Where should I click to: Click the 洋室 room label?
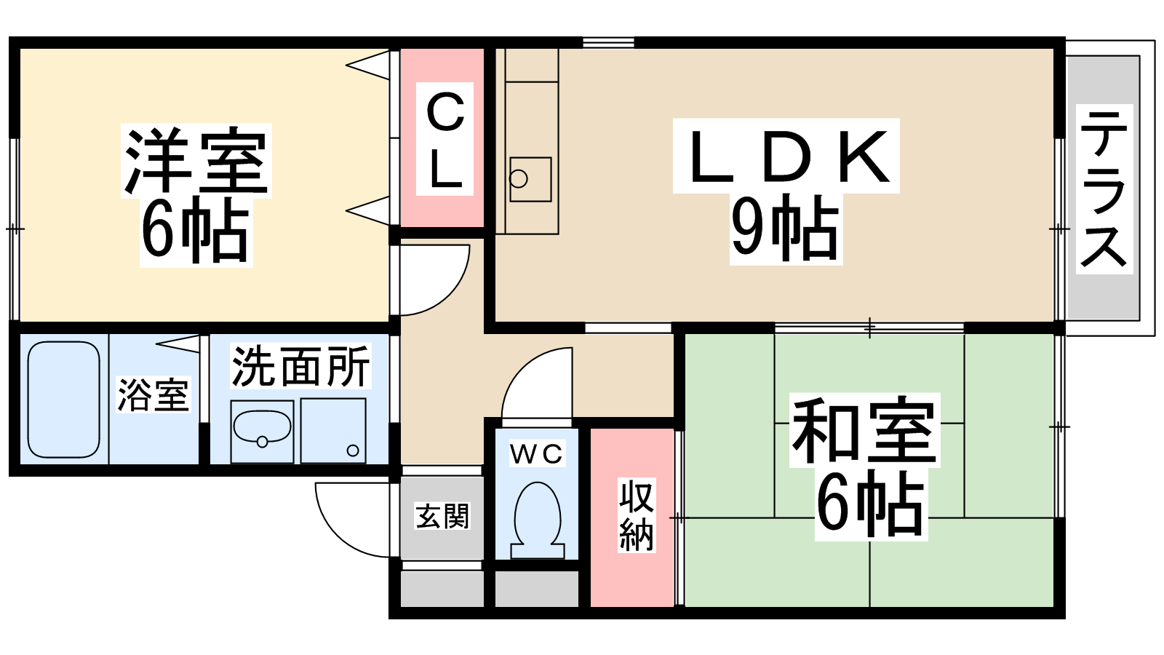[196, 160]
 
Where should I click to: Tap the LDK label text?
[786, 156]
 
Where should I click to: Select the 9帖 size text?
[786, 229]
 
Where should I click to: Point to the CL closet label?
[445, 139]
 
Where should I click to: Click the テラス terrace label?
[1104, 188]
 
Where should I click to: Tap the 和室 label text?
[864, 429]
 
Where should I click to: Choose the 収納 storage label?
[636, 515]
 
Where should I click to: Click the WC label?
[537, 454]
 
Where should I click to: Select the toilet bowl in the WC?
[538, 520]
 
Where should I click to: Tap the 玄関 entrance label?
[442, 516]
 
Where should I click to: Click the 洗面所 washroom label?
[300, 366]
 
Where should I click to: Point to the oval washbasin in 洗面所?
[262, 427]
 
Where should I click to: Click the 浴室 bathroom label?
[153, 395]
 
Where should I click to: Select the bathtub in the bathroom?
[63, 400]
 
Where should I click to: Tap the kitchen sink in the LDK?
[530, 179]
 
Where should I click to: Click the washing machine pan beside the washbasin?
[333, 430]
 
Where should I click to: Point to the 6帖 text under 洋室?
[196, 231]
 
